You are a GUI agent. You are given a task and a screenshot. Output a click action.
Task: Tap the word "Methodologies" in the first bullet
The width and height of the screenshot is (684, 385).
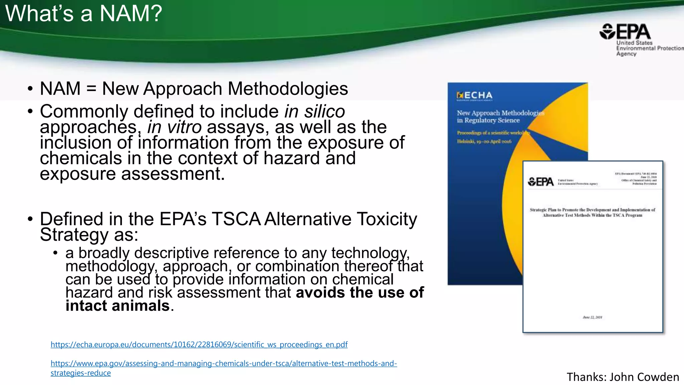tap(288, 89)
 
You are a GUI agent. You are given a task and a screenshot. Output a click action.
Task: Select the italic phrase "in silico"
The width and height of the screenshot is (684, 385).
tap(314, 111)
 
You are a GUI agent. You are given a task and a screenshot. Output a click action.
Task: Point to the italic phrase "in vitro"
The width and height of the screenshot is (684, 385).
tap(174, 127)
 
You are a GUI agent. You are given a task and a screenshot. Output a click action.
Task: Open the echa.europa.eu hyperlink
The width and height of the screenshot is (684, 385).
tap(199, 345)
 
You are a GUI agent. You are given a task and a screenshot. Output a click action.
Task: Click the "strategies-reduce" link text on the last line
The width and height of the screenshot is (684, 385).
tap(80, 373)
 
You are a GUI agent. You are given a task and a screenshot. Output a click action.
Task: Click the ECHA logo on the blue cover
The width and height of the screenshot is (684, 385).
tap(474, 96)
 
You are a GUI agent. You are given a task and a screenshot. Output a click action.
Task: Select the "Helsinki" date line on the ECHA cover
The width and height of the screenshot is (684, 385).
tap(484, 141)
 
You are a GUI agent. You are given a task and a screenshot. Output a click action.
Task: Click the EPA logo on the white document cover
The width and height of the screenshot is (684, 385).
tap(540, 182)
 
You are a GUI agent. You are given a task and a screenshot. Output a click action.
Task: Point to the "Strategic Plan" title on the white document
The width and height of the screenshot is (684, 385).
tap(592, 213)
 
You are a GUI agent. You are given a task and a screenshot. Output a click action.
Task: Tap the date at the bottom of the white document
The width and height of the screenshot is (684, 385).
tap(592, 317)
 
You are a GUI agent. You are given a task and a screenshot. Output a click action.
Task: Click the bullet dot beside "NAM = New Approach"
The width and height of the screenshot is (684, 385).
tap(30, 89)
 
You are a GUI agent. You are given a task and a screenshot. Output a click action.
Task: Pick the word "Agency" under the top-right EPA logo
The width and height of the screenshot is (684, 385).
tap(626, 54)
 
